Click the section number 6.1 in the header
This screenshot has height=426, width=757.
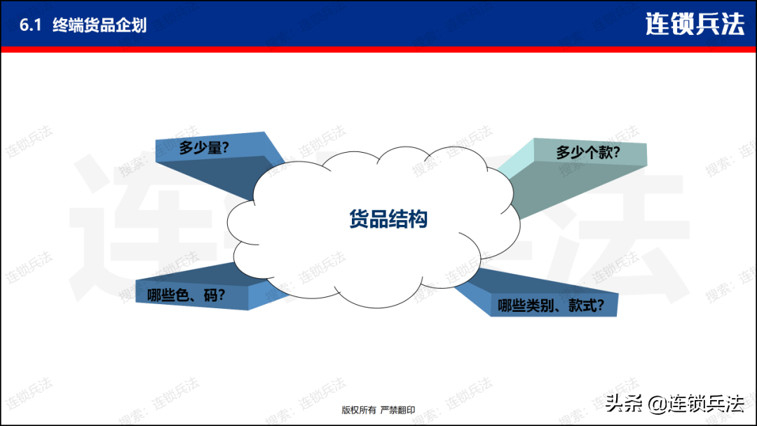[x=30, y=25]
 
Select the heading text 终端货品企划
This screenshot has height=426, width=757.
[x=100, y=25]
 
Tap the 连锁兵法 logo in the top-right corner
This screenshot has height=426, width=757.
[x=695, y=24]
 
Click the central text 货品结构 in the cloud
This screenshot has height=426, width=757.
[x=388, y=219]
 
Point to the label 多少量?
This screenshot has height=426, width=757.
[x=204, y=148]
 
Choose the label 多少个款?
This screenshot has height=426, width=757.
[x=587, y=153]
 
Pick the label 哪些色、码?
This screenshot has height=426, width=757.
[x=186, y=295]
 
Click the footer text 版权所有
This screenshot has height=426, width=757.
[x=359, y=410]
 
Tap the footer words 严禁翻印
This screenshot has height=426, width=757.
[x=398, y=410]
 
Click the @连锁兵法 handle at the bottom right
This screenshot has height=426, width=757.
[x=696, y=404]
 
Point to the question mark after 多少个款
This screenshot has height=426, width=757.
[x=615, y=153]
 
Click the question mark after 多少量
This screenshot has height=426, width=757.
[x=224, y=148]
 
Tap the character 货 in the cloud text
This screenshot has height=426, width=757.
[x=359, y=219]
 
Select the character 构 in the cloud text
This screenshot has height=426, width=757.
[x=418, y=219]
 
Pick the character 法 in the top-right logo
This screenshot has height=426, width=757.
[x=732, y=24]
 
